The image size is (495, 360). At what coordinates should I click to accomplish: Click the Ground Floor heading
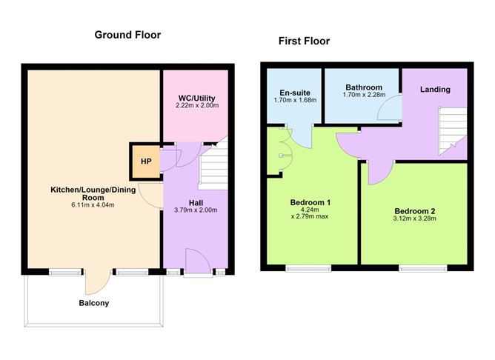tap(127, 35)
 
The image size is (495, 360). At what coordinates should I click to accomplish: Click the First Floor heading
tap(304, 41)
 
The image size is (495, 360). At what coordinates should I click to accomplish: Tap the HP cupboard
tap(146, 161)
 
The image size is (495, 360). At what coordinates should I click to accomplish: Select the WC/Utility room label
tap(196, 98)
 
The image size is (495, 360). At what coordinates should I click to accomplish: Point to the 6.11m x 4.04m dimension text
tap(93, 204)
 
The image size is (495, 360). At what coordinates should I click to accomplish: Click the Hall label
tap(196, 203)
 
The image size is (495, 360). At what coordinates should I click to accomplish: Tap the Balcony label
tap(94, 303)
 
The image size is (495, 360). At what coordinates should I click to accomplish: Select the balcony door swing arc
tap(98, 281)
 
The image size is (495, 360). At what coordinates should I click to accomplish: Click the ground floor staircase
tap(213, 167)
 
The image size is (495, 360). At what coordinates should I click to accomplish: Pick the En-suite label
tap(295, 93)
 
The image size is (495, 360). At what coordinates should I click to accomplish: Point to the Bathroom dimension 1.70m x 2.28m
tap(364, 95)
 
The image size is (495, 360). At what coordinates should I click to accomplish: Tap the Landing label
tap(435, 90)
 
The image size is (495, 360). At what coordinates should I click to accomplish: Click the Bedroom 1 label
tap(310, 202)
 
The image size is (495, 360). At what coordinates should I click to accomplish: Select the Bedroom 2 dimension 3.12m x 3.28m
tap(414, 219)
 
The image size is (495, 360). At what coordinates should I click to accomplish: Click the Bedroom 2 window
tap(423, 268)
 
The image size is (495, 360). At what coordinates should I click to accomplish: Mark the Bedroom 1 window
tap(308, 268)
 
